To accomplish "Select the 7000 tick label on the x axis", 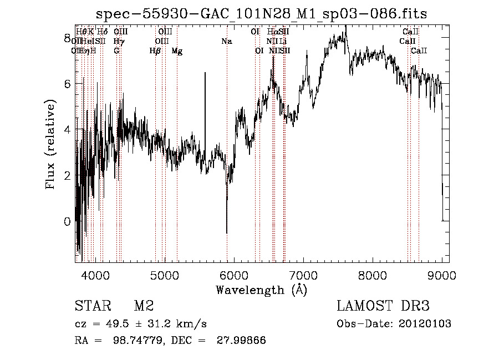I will point(303,275).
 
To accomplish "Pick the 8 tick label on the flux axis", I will point(68,38).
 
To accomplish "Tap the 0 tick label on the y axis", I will point(68,221).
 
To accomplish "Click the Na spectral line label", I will point(226,41).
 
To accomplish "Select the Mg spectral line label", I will point(177,51).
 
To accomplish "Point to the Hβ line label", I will point(155,51).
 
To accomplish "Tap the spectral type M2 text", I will point(144,306).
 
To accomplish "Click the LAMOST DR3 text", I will point(383,306).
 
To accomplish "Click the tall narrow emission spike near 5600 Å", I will point(205,75).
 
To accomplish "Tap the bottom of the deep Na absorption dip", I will point(227,232).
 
